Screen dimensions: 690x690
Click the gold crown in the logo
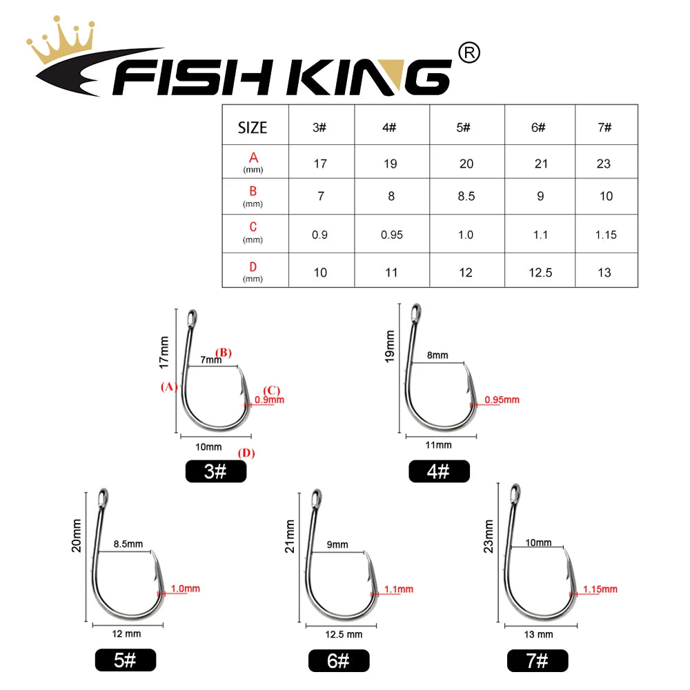pyautogui.click(x=61, y=42)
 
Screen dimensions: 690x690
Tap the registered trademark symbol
pyautogui.click(x=469, y=53)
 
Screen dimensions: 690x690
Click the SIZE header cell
pyautogui.click(x=253, y=128)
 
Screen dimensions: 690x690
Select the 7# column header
pyautogui.click(x=604, y=128)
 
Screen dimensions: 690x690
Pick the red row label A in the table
pyautogui.click(x=253, y=157)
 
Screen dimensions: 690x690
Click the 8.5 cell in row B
pyautogui.click(x=466, y=196)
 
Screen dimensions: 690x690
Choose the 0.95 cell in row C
pyautogui.click(x=392, y=235)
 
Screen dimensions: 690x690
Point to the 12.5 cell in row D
pyautogui.click(x=540, y=273)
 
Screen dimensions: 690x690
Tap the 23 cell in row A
pyautogui.click(x=603, y=164)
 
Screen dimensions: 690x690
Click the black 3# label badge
pyautogui.click(x=215, y=471)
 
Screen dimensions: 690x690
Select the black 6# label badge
pyautogui.click(x=338, y=660)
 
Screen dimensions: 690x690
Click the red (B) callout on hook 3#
pyautogui.click(x=224, y=353)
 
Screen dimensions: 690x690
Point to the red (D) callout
pyautogui.click(x=246, y=453)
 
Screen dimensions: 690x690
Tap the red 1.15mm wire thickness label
pyautogui.click(x=600, y=589)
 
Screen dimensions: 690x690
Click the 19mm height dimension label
pyautogui.click(x=390, y=346)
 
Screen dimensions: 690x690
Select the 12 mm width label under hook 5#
pyautogui.click(x=126, y=633)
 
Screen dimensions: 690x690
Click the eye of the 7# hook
pyautogui.click(x=515, y=493)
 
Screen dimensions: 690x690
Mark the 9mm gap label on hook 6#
pyautogui.click(x=337, y=545)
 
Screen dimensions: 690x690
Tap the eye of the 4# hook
pyautogui.click(x=416, y=313)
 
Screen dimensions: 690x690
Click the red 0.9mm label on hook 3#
pyautogui.click(x=269, y=400)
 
